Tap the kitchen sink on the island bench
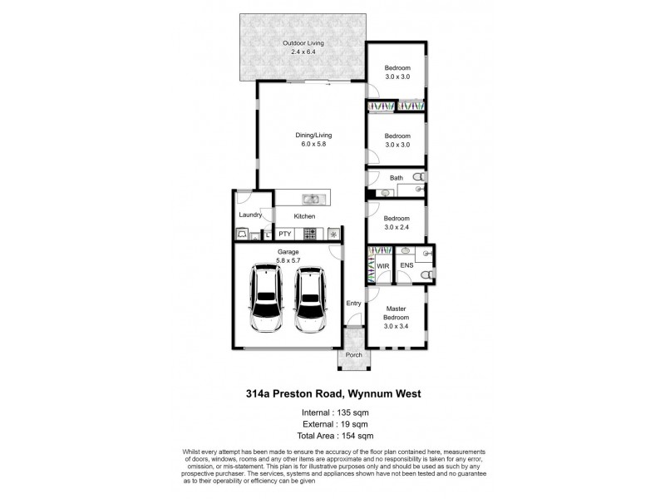pyautogui.click(x=311, y=200)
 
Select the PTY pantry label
pyautogui.click(x=285, y=235)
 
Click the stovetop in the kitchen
pyautogui.click(x=309, y=235)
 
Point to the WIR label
pyautogui.click(x=383, y=266)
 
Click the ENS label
pyautogui.click(x=406, y=266)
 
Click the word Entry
pyautogui.click(x=353, y=304)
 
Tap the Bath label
pyautogui.click(x=397, y=178)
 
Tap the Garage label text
pyautogui.click(x=288, y=250)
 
